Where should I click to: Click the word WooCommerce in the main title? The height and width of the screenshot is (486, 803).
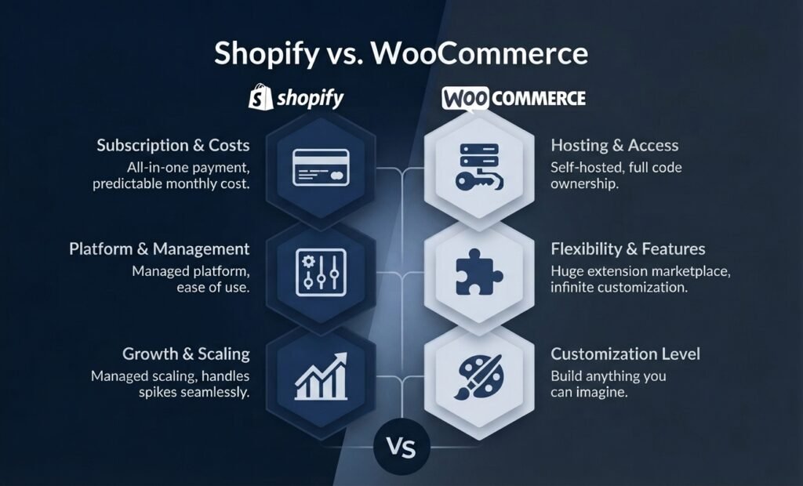pyautogui.click(x=479, y=53)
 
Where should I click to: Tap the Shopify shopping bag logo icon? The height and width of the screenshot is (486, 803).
pyautogui.click(x=260, y=96)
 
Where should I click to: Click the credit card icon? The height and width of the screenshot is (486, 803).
pyautogui.click(x=321, y=168)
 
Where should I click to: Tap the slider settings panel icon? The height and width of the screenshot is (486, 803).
pyautogui.click(x=321, y=273)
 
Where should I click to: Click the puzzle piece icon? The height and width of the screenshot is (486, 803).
pyautogui.click(x=479, y=272)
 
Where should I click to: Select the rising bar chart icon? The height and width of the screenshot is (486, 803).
pyautogui.click(x=321, y=376)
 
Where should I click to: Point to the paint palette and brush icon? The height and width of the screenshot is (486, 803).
pyautogui.click(x=479, y=376)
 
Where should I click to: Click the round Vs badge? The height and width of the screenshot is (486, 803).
pyautogui.click(x=401, y=447)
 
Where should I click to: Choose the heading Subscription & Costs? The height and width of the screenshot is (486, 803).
pyautogui.click(x=173, y=146)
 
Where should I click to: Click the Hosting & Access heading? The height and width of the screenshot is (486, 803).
pyautogui.click(x=615, y=146)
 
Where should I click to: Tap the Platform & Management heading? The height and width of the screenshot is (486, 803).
pyautogui.click(x=159, y=249)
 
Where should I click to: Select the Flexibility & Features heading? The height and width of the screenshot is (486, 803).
pyautogui.click(x=628, y=249)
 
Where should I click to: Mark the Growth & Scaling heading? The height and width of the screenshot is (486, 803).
pyautogui.click(x=186, y=354)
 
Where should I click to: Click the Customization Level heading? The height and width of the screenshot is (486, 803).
pyautogui.click(x=625, y=354)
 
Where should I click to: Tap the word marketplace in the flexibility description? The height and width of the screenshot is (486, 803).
pyautogui.click(x=686, y=271)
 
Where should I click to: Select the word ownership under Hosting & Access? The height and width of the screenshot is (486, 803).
pyautogui.click(x=584, y=184)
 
